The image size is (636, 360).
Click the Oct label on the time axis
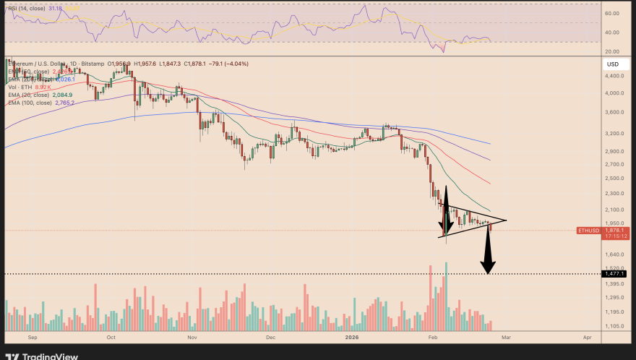[111, 337]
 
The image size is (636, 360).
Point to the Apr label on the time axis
[587, 337]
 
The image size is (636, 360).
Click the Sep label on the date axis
[32, 337]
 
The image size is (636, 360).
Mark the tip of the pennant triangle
[506, 220]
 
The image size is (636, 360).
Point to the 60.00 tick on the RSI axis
[611, 13]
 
